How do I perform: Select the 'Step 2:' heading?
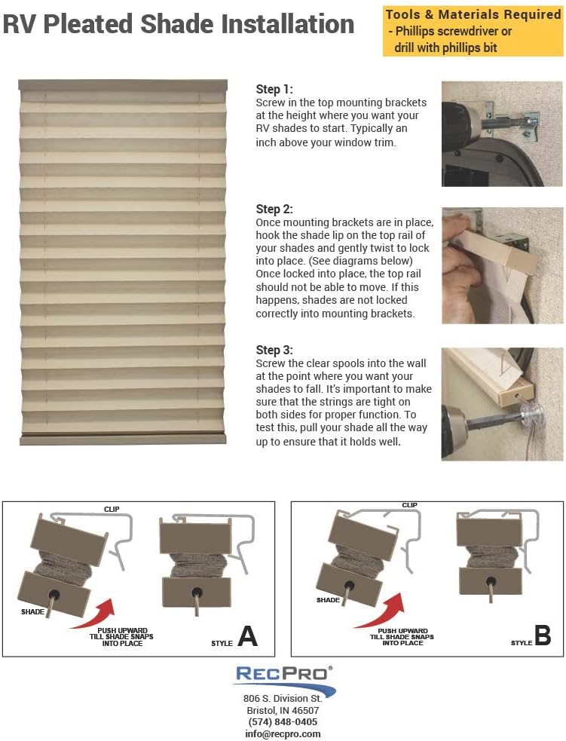click(274, 209)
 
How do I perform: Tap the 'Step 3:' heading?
click(274, 350)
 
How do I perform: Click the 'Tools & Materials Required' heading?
click(473, 14)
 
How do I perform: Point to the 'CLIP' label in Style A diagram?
click(112, 510)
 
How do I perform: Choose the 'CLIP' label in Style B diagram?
click(409, 505)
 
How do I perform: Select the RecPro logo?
click(283, 678)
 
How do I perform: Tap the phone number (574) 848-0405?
click(283, 721)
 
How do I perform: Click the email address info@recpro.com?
click(283, 733)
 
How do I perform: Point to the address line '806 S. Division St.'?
click(283, 699)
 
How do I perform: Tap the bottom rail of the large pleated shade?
click(123, 439)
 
